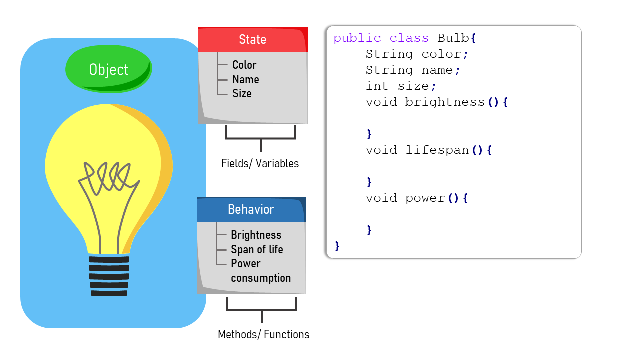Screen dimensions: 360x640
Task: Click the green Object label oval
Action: pos(108,70)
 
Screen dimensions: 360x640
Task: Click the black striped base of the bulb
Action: pos(109,276)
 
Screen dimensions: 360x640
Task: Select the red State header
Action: pos(252,40)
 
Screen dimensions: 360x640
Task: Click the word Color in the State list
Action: pos(244,65)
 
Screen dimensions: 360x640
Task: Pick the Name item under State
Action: pos(245,79)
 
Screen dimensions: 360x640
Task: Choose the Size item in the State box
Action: pos(242,93)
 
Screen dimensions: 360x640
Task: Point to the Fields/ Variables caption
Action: pos(260,163)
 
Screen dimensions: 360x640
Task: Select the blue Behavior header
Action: pos(251,209)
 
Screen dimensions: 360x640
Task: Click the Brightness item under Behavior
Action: pos(256,235)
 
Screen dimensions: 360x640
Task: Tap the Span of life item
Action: pos(257,249)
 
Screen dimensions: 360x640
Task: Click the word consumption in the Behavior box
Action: pos(261,278)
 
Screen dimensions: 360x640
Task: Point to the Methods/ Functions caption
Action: pos(263,334)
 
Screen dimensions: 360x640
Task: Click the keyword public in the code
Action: pos(357,38)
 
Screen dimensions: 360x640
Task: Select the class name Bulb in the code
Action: pos(453,38)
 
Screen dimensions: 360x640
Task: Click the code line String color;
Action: pos(417,54)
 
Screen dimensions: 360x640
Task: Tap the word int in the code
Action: pos(377,86)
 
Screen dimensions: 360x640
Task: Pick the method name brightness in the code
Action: pos(445,102)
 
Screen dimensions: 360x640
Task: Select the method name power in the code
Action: pos(425,198)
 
